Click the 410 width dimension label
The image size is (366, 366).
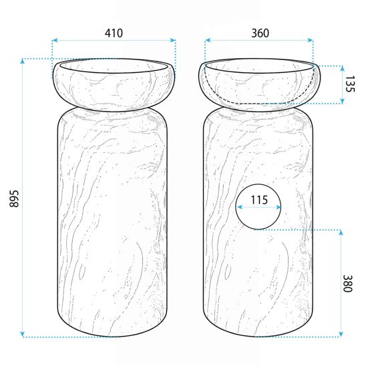pos(114,33)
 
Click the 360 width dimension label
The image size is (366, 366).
pos(260,33)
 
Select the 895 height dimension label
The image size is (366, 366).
pos(14,198)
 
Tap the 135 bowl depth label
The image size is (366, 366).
pos(349,83)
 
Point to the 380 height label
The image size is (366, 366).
pos(347,283)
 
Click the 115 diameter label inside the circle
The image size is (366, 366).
pos(259,200)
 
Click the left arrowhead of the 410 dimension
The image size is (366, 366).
pos(55,40)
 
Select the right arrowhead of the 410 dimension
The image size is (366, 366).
pos(173,40)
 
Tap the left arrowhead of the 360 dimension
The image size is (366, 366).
pos(208,40)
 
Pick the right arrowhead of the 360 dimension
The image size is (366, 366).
pos(311,40)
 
